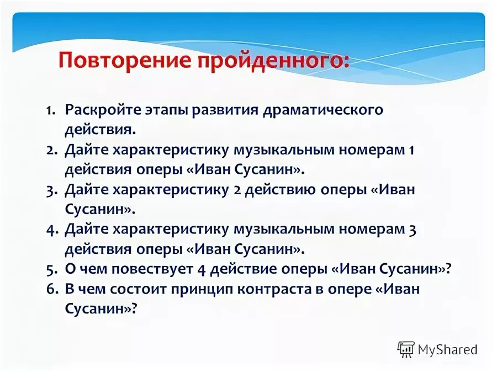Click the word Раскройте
pos(98,109)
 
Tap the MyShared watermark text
pos(447,349)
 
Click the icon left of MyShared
pos(406,349)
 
